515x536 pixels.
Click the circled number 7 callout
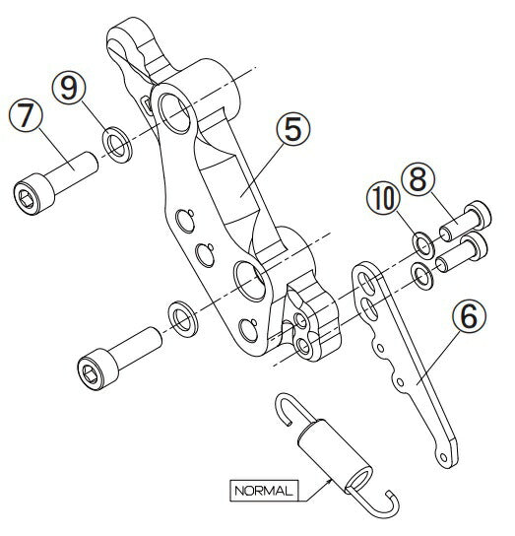(x=26, y=115)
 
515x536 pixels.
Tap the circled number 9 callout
(x=69, y=88)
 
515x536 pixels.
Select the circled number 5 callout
(x=293, y=129)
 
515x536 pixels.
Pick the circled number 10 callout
(x=383, y=199)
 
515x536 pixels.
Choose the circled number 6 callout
(x=469, y=316)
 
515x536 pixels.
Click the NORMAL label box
(x=264, y=491)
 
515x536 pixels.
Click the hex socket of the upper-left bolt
(x=27, y=199)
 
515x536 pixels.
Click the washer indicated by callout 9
(x=117, y=145)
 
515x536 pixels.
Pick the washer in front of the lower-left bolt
(x=183, y=319)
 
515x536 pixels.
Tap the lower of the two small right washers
(x=422, y=276)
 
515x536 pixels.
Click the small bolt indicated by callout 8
(x=466, y=221)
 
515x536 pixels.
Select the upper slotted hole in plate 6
(x=367, y=283)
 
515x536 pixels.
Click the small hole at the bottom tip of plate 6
(x=443, y=457)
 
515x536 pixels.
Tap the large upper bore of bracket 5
(x=175, y=113)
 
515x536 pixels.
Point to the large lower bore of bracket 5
(x=250, y=282)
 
